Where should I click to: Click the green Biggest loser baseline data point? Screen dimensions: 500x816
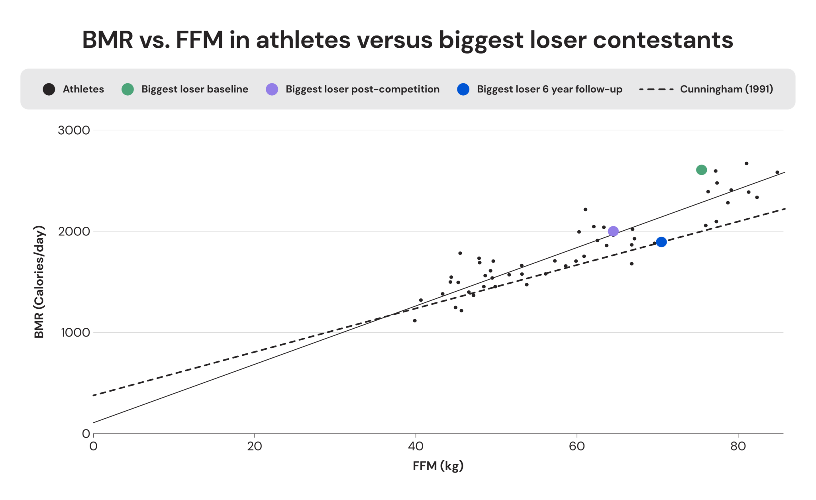[x=701, y=170]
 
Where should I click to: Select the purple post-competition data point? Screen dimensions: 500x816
[x=613, y=231]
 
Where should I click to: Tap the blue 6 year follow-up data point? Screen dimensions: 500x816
[x=661, y=242]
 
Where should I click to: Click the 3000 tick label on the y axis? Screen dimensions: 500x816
[x=74, y=130]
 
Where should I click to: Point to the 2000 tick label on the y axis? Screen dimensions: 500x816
[x=74, y=231]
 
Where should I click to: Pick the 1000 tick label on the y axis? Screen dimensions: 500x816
[x=75, y=333]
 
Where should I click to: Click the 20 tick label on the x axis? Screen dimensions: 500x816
[x=254, y=446]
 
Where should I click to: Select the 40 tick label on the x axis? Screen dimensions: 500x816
[x=416, y=446]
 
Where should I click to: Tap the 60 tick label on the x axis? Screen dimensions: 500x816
[x=577, y=446]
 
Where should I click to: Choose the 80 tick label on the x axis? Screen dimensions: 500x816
[x=738, y=446]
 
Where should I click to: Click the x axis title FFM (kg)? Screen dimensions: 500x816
[x=438, y=466]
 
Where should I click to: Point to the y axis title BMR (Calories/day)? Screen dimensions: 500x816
[x=39, y=282]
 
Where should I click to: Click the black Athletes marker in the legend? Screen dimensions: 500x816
[x=49, y=89]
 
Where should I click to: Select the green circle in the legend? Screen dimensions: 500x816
[x=127, y=89]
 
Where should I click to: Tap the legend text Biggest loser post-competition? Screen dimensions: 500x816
[x=362, y=89]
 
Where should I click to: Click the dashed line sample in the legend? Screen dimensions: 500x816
[x=656, y=89]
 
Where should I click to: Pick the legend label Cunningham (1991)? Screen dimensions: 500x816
[x=726, y=89]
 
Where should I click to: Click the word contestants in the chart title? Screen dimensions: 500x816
[x=663, y=40]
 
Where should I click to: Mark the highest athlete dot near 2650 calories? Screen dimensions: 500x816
[x=746, y=163]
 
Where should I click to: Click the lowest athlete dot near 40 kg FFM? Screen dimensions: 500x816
[x=414, y=321]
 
